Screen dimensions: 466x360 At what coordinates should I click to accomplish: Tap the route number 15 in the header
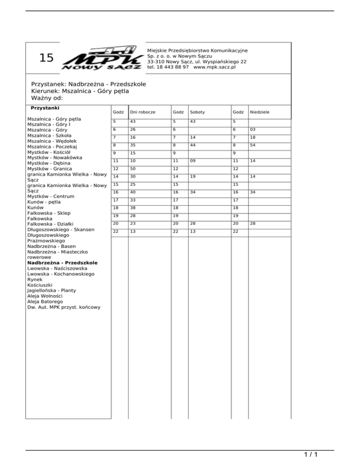46,58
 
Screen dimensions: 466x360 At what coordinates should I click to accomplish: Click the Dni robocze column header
143,112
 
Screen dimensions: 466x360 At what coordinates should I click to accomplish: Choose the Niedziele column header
260,112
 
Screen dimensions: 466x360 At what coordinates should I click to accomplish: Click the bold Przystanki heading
45,108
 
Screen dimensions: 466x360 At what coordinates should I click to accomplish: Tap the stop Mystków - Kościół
49,152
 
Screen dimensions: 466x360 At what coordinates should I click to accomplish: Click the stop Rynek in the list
35,279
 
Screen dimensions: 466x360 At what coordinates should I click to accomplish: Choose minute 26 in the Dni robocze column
134,130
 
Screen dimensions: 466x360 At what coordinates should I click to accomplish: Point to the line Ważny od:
47,98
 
